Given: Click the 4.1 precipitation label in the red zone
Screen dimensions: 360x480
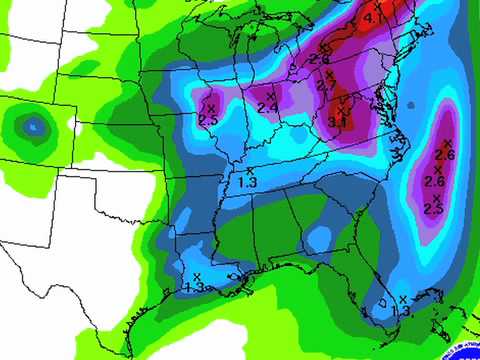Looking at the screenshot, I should (x=373, y=18).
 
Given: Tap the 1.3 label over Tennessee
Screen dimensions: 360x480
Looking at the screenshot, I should (x=247, y=182).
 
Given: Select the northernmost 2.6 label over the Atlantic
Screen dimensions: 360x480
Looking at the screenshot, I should (x=446, y=154).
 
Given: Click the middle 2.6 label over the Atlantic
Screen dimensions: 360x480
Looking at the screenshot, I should (x=435, y=181).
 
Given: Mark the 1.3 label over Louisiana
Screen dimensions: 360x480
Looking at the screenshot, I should (x=195, y=287).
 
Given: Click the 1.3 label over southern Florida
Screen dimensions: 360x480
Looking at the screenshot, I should (x=401, y=311).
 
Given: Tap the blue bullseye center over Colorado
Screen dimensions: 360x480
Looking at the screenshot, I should (x=33, y=126).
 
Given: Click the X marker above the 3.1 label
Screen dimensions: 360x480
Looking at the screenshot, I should (x=342, y=101).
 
